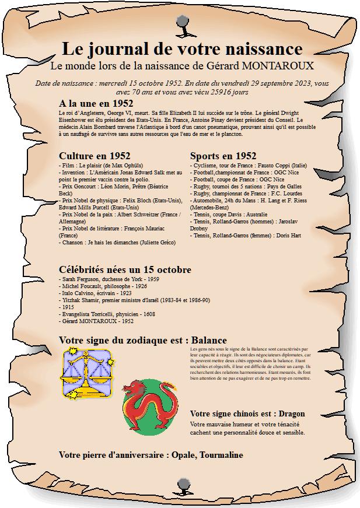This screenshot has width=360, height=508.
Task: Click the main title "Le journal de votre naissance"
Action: (182, 48)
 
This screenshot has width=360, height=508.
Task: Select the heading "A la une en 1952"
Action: (96, 103)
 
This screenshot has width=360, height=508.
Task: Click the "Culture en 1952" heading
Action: (95, 156)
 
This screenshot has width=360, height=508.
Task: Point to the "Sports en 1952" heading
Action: (223, 156)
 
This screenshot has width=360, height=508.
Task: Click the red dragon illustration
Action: (150, 407)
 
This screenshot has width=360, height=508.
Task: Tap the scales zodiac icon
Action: (87, 374)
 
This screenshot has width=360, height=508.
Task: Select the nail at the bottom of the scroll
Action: (182, 484)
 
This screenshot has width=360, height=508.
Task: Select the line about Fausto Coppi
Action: (248, 165)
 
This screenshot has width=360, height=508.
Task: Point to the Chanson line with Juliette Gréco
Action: (117, 242)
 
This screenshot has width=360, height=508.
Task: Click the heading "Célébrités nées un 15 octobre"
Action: (125, 269)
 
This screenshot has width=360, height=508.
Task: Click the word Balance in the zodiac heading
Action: (209, 339)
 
